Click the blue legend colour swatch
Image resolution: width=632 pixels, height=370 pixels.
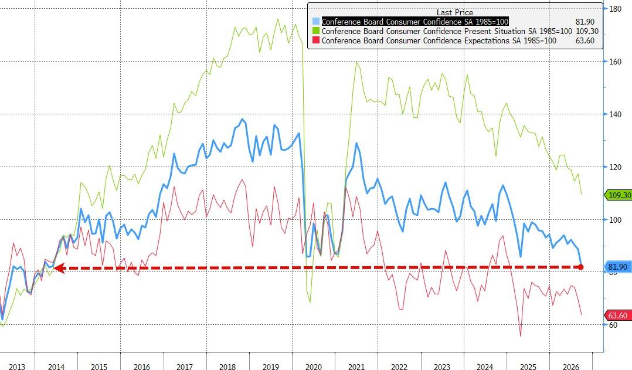tap(316, 21)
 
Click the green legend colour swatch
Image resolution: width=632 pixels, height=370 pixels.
tap(316, 31)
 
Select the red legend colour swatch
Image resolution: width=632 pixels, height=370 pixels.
tap(316, 40)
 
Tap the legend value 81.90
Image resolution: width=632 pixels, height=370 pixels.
tap(585, 22)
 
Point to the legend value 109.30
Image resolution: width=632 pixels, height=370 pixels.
tap(586, 31)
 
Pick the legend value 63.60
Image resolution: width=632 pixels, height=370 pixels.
tap(585, 40)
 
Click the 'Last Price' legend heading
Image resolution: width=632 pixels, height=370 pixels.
tap(455, 12)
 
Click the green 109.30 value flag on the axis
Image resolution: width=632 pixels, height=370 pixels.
tap(619, 195)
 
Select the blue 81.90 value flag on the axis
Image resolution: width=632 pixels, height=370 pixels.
tap(619, 267)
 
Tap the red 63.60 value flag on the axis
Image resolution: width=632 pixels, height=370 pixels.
tap(619, 315)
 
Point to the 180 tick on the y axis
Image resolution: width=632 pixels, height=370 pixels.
tap(615, 9)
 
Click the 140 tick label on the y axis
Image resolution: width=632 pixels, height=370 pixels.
tap(615, 114)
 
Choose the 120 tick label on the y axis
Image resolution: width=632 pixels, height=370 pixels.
tap(615, 167)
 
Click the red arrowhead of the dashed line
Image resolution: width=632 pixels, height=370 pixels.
tap(59, 268)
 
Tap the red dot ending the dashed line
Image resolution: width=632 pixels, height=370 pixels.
tap(581, 267)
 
